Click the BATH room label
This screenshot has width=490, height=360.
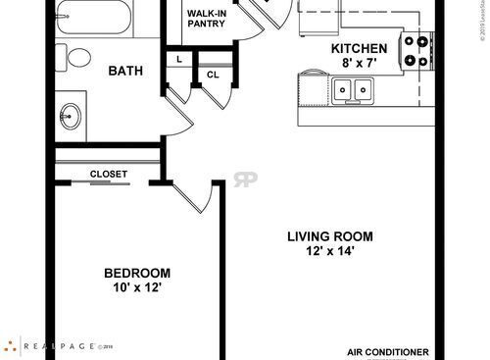[x=126, y=71]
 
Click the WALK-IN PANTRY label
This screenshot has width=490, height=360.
[x=209, y=20]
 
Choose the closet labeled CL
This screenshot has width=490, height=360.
[x=212, y=75]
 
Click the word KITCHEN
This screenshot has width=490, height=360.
[x=360, y=49]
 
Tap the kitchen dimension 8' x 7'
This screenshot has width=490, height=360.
[x=360, y=63]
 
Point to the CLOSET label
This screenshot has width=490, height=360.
[x=108, y=174]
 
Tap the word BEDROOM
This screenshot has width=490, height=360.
[x=137, y=273]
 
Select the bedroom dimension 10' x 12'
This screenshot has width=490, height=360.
[x=137, y=288]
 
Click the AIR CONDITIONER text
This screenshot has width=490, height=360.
[x=388, y=350]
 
